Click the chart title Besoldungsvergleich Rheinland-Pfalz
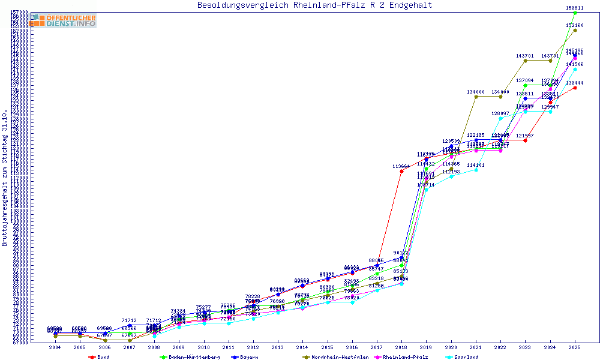314,5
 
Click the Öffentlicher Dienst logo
64,21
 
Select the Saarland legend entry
466,357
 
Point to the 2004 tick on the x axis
55,347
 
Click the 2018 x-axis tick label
401,347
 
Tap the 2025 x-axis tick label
575,347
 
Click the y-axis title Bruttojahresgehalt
5,178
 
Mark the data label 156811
575,8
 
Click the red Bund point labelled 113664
401,171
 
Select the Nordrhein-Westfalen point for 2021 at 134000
476,97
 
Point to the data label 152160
575,25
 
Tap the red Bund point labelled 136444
575,88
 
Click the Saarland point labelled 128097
500,118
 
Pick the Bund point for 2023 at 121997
525,140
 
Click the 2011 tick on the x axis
229,347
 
